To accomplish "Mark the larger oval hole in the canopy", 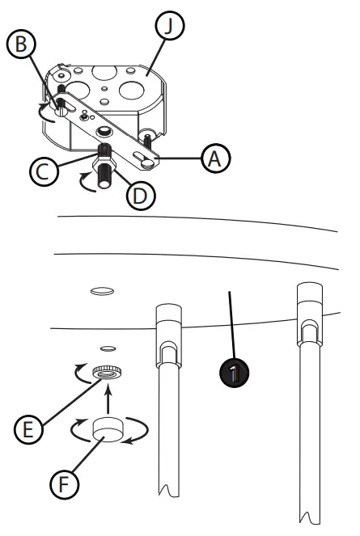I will pyautogui.click(x=102, y=291).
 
